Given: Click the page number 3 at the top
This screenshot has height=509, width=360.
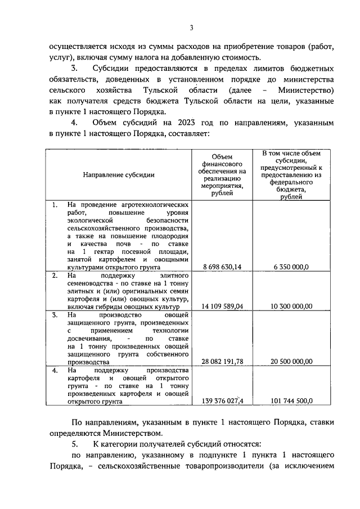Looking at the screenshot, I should [x=192, y=29].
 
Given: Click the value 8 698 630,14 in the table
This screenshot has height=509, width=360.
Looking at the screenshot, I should [x=222, y=267].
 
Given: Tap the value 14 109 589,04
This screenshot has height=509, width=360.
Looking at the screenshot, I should [x=222, y=307].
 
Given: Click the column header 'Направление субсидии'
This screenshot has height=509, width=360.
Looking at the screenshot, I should [x=119, y=175].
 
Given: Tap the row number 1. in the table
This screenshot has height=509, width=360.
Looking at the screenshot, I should [x=55, y=205].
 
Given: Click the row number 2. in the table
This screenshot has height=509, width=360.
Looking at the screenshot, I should [x=55, y=276].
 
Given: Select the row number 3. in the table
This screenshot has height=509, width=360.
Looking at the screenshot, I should [x=55, y=316].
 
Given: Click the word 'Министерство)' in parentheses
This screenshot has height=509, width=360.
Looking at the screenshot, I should [x=306, y=90].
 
